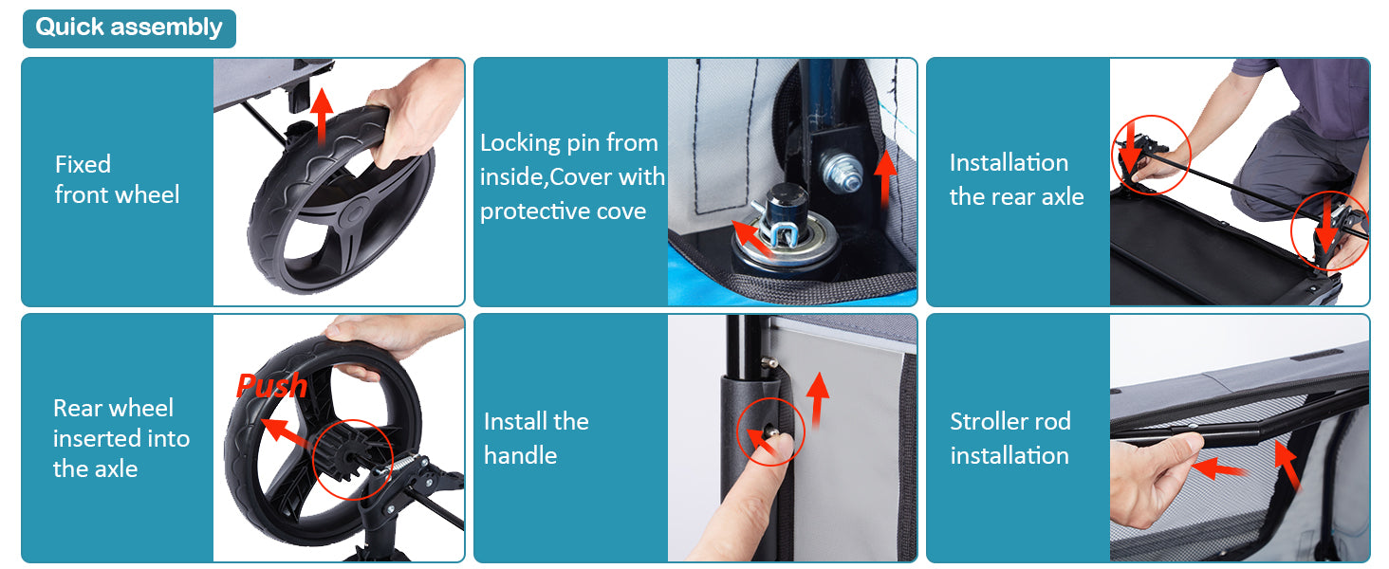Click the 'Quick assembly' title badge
tap(129, 28)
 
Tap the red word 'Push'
tap(271, 386)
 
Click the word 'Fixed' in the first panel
tap(83, 164)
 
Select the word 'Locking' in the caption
tap(520, 144)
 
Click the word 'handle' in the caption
tap(520, 455)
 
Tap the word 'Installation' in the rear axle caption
tap(1009, 163)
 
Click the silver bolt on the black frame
tap(841, 170)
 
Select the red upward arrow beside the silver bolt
tap(885, 178)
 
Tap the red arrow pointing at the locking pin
tap(751, 237)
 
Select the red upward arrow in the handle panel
tap(819, 399)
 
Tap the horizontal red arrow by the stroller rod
tap(1219, 468)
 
